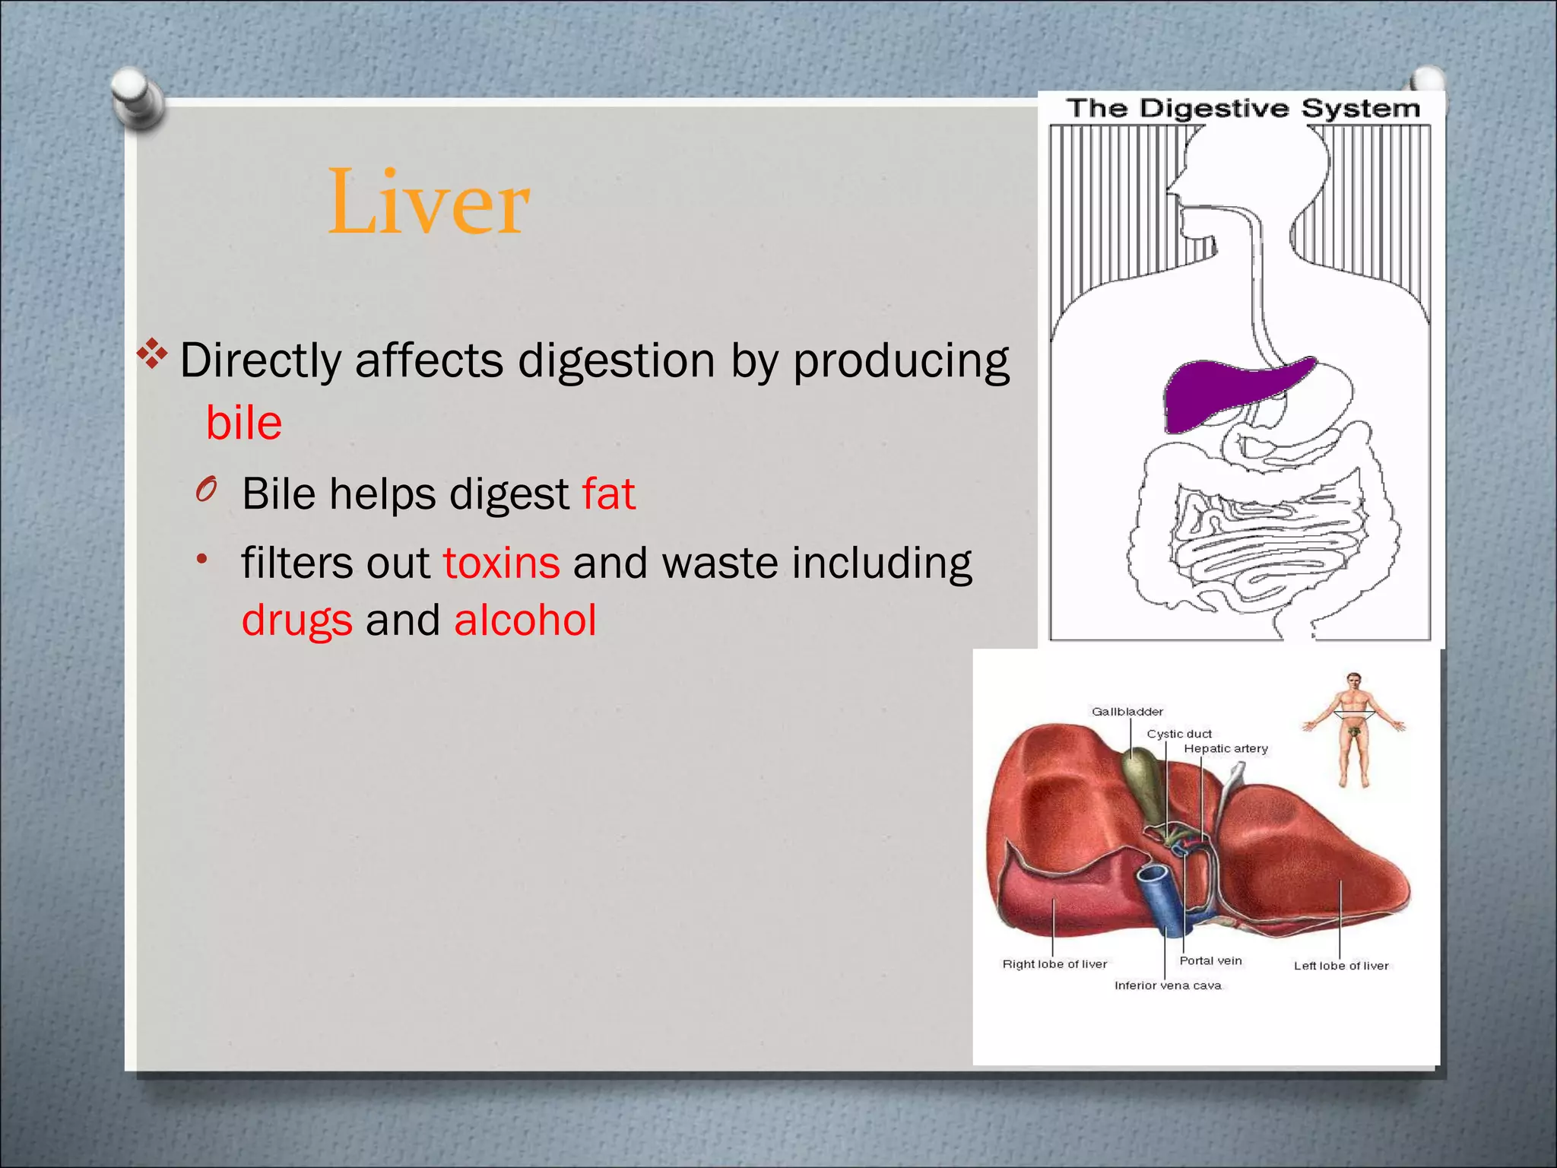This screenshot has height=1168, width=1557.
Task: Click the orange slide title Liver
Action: point(428,202)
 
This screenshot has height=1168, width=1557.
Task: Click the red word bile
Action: point(244,423)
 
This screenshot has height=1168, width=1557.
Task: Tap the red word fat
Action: point(608,494)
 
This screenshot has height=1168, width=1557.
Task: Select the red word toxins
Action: point(502,563)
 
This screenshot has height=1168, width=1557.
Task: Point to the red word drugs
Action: point(296,620)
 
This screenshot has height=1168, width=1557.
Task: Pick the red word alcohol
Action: point(525,620)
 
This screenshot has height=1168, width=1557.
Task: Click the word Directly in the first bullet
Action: point(260,360)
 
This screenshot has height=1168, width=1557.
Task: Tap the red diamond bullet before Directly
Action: point(152,354)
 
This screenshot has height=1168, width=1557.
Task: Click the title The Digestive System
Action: point(1242,109)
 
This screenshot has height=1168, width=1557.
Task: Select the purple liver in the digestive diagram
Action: point(1224,392)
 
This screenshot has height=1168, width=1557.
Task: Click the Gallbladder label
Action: point(1127,712)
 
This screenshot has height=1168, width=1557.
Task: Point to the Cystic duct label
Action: point(1178,734)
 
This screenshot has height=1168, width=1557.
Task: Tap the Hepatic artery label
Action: point(1226,749)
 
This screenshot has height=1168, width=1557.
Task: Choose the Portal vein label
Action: point(1210,960)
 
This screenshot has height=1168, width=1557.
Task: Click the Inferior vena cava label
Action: point(1168,985)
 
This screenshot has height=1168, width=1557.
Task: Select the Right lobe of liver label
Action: point(1054,964)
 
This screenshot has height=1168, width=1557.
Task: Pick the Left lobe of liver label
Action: point(1341,966)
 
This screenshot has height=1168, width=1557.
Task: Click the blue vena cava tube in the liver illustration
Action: point(1159,897)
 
